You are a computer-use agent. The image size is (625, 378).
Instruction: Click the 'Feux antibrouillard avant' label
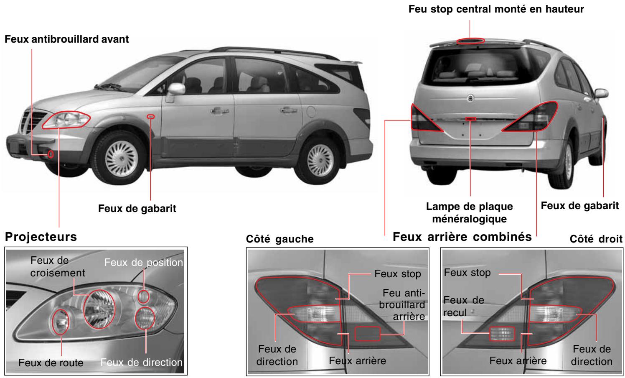(x=66, y=40)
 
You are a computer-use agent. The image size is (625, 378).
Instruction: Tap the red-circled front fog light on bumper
(x=51, y=154)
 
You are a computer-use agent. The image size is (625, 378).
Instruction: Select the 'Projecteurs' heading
(x=41, y=237)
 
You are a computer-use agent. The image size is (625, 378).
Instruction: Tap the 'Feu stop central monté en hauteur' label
(x=496, y=9)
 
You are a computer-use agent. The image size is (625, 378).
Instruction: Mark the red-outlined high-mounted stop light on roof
(x=470, y=41)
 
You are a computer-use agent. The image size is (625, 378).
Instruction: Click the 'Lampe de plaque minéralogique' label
(x=470, y=212)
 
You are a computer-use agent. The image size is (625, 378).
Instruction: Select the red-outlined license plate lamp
(x=471, y=119)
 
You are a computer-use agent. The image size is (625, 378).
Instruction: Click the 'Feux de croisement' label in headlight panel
(x=58, y=266)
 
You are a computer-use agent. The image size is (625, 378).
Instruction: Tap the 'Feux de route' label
(x=51, y=363)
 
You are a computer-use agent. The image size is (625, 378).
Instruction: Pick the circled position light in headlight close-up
(x=143, y=296)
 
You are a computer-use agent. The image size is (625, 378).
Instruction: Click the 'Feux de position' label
(x=143, y=262)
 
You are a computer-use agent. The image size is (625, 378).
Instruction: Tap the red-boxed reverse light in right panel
(x=502, y=334)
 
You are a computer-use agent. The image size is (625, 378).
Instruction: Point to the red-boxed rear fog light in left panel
(x=367, y=334)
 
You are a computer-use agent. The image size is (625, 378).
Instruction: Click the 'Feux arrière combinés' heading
(x=462, y=237)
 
